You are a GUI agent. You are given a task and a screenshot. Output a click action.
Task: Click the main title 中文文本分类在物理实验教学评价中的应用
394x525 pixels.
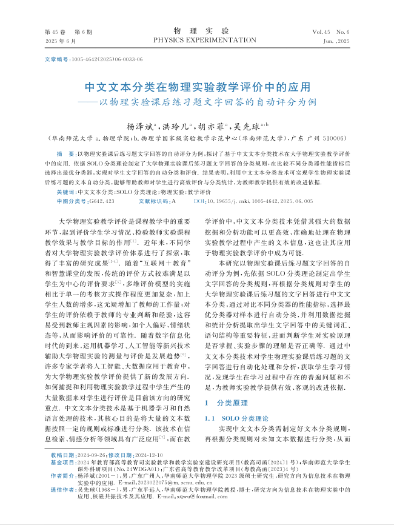point(197,87)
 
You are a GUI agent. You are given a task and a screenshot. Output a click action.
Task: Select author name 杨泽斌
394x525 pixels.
point(139,127)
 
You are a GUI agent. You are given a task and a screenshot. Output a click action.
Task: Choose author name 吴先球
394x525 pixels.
point(248,127)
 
